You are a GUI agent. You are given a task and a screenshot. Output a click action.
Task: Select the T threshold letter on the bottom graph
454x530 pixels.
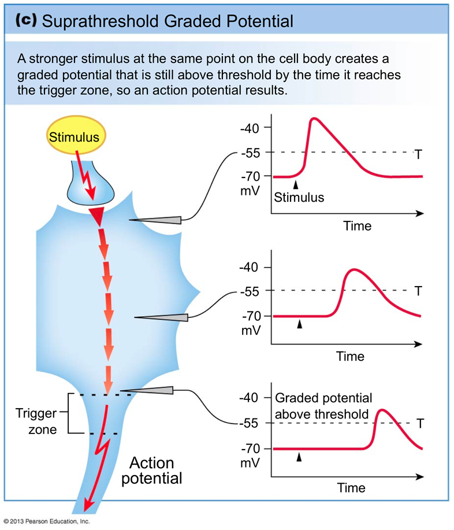(x=420, y=424)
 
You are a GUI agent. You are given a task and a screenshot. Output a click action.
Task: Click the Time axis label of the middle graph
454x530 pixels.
(x=351, y=356)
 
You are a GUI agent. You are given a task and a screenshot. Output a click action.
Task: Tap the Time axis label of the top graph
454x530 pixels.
(x=358, y=225)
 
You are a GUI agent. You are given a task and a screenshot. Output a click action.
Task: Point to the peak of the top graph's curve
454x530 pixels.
(x=314, y=118)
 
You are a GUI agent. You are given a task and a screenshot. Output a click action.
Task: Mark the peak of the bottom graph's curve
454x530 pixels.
(x=382, y=410)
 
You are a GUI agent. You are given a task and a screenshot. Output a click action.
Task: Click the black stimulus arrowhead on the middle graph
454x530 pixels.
(x=299, y=325)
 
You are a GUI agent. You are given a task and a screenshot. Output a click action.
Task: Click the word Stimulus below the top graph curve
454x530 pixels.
(x=299, y=197)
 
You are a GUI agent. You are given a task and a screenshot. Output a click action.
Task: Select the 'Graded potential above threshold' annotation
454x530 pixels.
(x=322, y=406)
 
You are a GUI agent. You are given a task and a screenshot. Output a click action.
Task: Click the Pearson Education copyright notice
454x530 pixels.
(x=46, y=521)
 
